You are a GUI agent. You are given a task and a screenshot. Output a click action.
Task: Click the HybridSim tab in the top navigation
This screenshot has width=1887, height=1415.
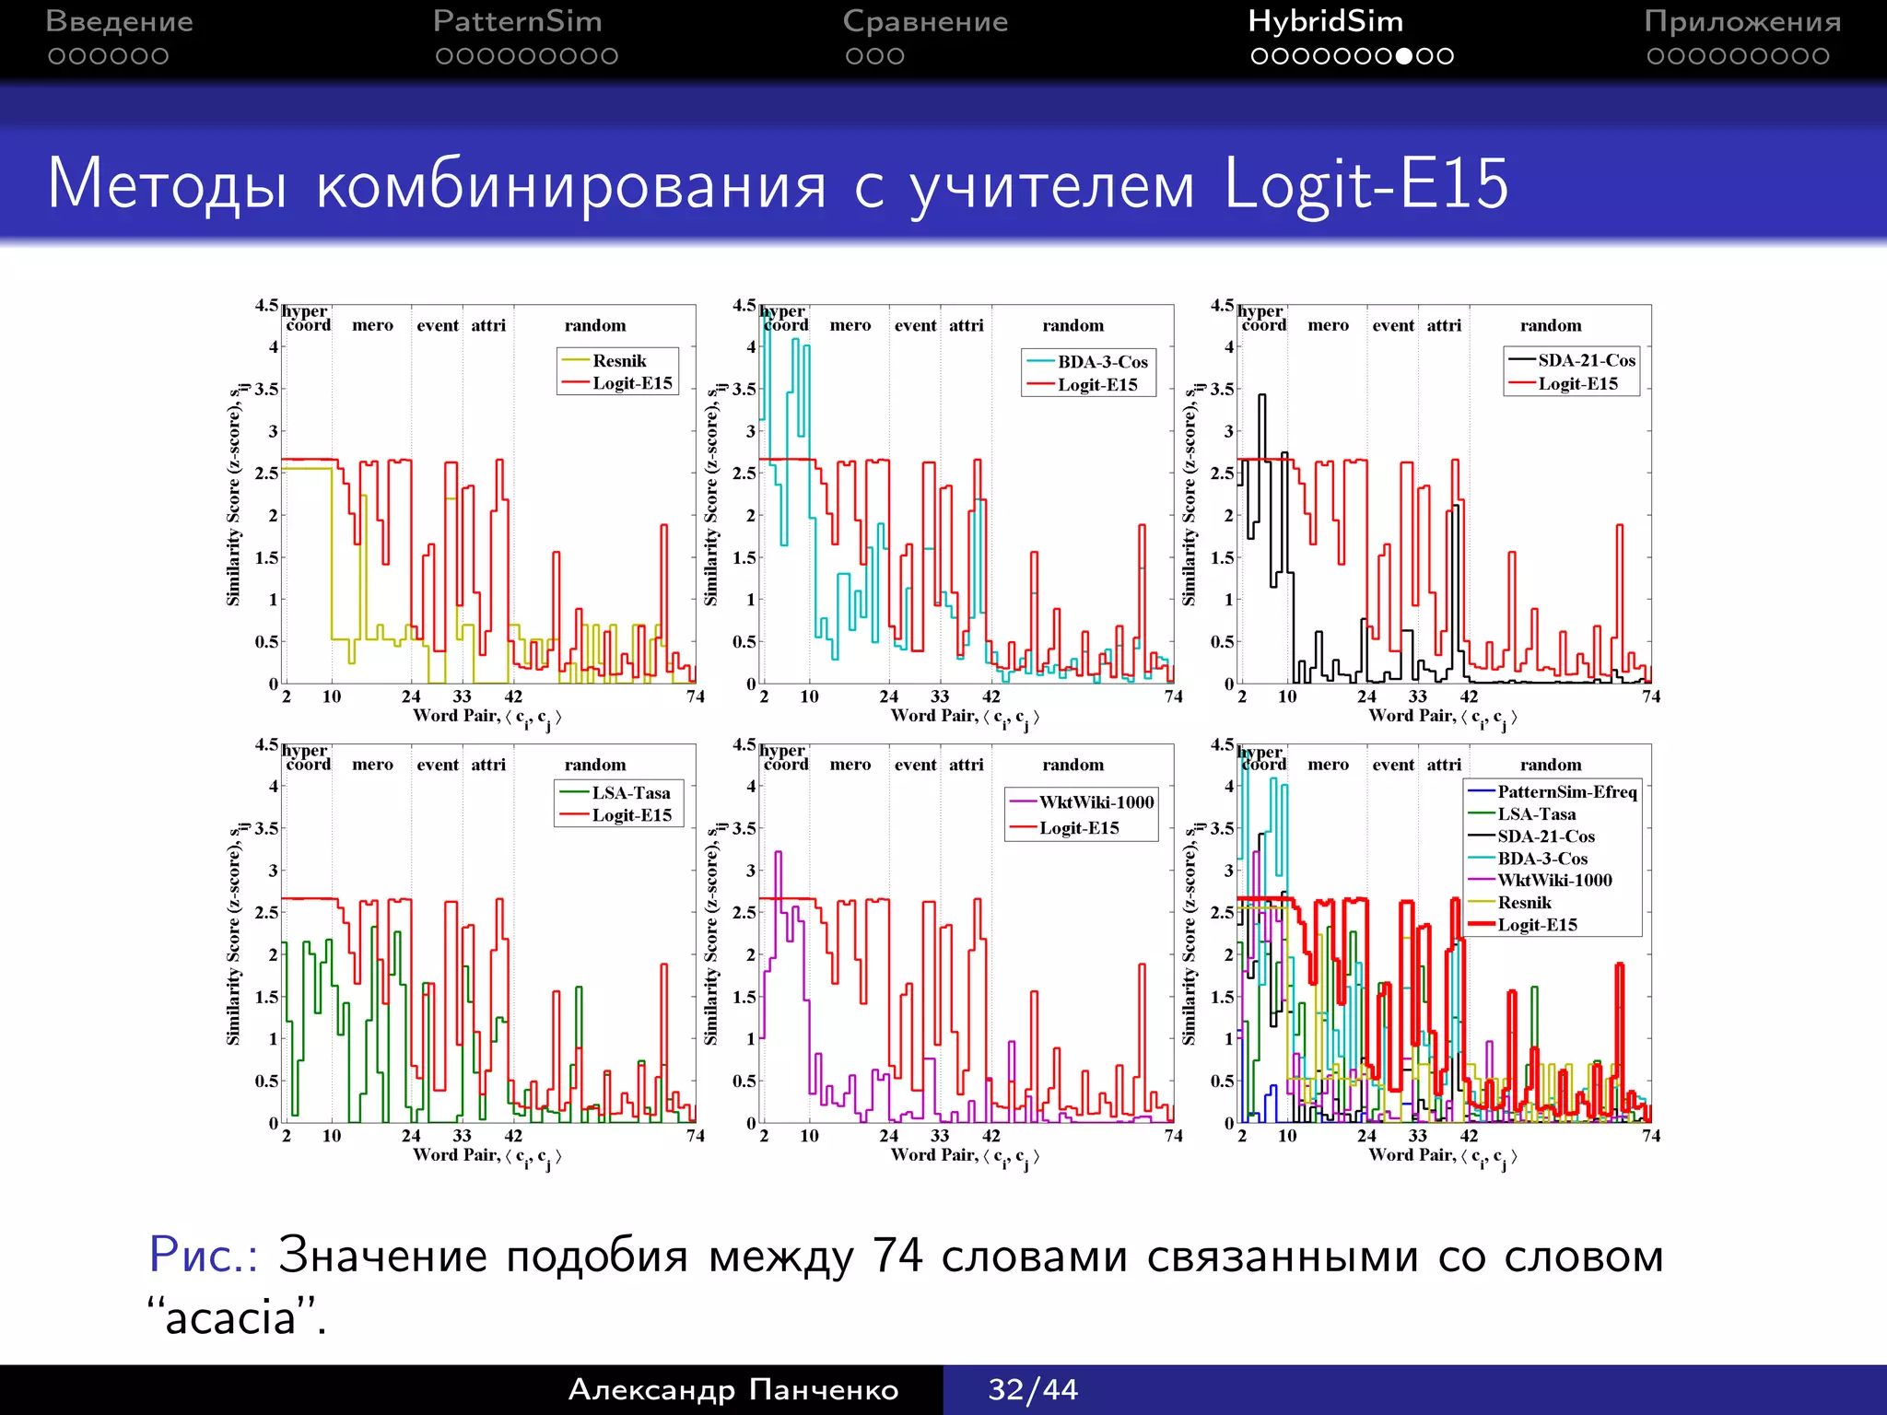(x=1325, y=22)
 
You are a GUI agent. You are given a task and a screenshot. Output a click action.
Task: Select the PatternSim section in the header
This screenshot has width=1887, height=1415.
(x=517, y=22)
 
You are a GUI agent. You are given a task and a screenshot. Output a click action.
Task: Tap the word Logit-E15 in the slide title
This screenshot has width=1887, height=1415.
(x=1365, y=183)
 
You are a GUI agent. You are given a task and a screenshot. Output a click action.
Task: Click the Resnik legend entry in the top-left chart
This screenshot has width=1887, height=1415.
(x=618, y=361)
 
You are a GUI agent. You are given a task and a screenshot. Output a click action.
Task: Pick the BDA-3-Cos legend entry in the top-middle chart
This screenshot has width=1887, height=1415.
(x=1102, y=362)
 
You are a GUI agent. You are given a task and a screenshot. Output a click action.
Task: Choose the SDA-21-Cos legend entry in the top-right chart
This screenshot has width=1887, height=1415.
(x=1586, y=360)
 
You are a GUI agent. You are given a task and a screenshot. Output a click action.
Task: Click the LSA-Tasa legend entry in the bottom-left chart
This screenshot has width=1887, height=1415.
(x=630, y=793)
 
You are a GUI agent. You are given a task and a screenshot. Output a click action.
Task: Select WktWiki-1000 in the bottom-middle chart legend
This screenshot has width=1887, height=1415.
(x=1096, y=802)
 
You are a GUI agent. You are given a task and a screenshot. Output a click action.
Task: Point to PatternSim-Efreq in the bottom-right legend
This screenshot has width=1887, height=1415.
(x=1566, y=792)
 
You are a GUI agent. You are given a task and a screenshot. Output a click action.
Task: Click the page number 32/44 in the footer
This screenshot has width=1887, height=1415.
(x=1033, y=1389)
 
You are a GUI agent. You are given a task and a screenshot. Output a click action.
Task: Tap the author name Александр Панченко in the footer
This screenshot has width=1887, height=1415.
(x=733, y=1389)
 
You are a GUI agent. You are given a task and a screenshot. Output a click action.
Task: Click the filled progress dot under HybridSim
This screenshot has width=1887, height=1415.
(x=1404, y=56)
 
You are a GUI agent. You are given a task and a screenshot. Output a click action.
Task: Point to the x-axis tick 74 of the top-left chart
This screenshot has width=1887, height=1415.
(x=695, y=696)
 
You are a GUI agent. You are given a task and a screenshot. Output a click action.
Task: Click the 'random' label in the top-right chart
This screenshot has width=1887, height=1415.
(x=1550, y=325)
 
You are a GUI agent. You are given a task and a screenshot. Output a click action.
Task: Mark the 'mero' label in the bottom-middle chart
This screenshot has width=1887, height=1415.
(x=850, y=765)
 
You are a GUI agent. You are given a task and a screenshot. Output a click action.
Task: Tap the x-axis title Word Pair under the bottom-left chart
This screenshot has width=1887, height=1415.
(x=456, y=1154)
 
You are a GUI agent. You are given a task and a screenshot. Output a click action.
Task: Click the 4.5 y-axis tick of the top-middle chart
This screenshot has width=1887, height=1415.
(x=744, y=305)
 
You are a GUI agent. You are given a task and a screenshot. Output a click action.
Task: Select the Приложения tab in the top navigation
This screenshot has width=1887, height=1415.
(x=1741, y=22)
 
